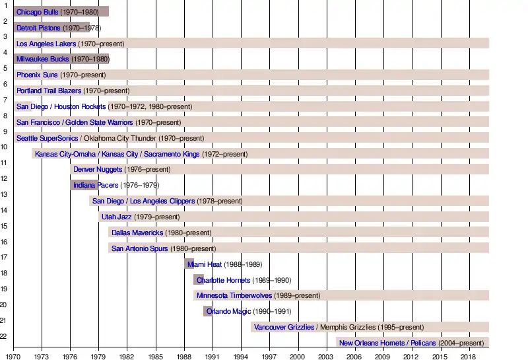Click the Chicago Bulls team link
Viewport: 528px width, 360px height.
coord(37,12)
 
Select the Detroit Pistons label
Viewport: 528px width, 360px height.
coord(38,28)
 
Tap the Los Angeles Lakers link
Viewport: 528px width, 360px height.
coord(46,44)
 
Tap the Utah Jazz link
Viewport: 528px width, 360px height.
coord(116,217)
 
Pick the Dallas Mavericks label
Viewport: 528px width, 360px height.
coord(137,233)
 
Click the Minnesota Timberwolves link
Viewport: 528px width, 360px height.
coord(235,295)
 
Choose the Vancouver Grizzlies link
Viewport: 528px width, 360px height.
coord(284,327)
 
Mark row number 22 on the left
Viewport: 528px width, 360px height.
coord(3,337)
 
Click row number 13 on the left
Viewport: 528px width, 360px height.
coord(3,194)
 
